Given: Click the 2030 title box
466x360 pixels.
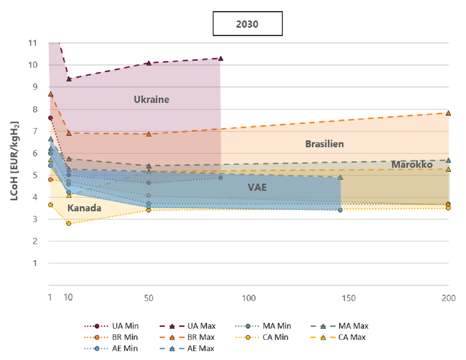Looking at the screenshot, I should pyautogui.click(x=247, y=24).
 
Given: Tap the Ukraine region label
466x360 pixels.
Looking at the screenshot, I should pyautogui.click(x=152, y=99).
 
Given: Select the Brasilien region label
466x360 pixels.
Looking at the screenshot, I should pyautogui.click(x=324, y=144).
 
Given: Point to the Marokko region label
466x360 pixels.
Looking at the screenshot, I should pyautogui.click(x=412, y=165).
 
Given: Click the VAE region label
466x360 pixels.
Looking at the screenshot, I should pyautogui.click(x=257, y=187).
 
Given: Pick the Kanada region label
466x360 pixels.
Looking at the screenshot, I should pyautogui.click(x=84, y=208).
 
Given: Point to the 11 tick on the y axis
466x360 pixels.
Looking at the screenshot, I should pyautogui.click(x=33, y=43).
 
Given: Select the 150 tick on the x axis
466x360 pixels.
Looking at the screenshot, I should pyautogui.click(x=349, y=298).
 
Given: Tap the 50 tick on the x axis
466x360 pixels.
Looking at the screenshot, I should pyautogui.click(x=149, y=298).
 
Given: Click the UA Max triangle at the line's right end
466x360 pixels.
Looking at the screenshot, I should pyautogui.click(x=221, y=58).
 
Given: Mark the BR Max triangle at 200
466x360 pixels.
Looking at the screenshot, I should pyautogui.click(x=448, y=113).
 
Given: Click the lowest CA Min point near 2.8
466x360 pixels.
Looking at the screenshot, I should pyautogui.click(x=69, y=224).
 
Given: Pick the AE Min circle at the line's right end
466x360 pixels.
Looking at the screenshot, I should pyautogui.click(x=340, y=210).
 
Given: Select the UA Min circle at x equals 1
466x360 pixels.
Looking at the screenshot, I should pyautogui.click(x=50, y=118).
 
